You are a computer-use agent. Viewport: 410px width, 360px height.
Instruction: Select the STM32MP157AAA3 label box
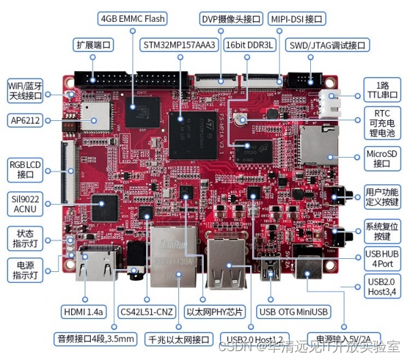tap(180, 45)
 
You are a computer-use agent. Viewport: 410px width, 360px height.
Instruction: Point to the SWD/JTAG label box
tap(327, 45)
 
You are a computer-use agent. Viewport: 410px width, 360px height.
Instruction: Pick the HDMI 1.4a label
tap(83, 311)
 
